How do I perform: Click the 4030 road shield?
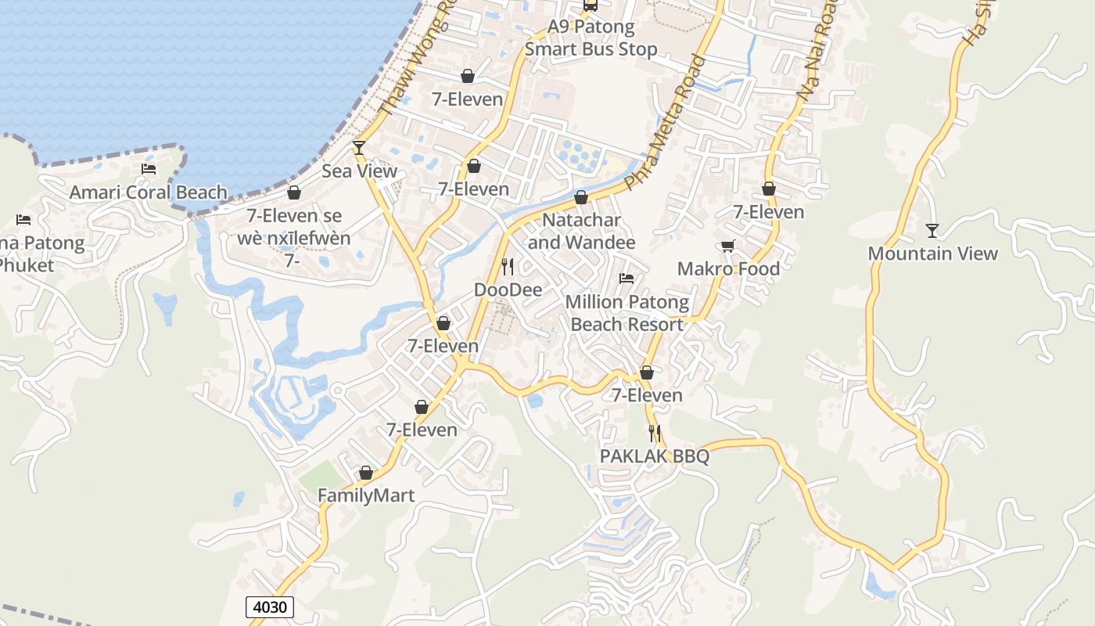tap(270, 606)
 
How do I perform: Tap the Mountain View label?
tap(932, 254)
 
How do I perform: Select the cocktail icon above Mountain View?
tap(932, 230)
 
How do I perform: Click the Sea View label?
tap(359, 171)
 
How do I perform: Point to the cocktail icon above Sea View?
tap(359, 147)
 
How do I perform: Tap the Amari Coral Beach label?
tap(149, 192)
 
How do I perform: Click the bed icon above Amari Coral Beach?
tap(149, 168)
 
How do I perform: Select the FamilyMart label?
tap(365, 495)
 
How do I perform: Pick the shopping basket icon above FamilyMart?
tap(365, 473)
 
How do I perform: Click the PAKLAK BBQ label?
tap(654, 456)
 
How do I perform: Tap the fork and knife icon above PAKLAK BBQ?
tap(655, 433)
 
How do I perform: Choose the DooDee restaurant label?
tap(508, 290)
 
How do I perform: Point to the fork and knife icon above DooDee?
tap(508, 267)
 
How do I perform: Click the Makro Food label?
tap(728, 269)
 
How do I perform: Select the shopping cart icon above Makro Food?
tap(728, 246)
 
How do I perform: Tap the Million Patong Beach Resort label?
tap(626, 313)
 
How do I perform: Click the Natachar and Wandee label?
tap(581, 232)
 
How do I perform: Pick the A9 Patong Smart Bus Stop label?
tap(591, 38)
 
